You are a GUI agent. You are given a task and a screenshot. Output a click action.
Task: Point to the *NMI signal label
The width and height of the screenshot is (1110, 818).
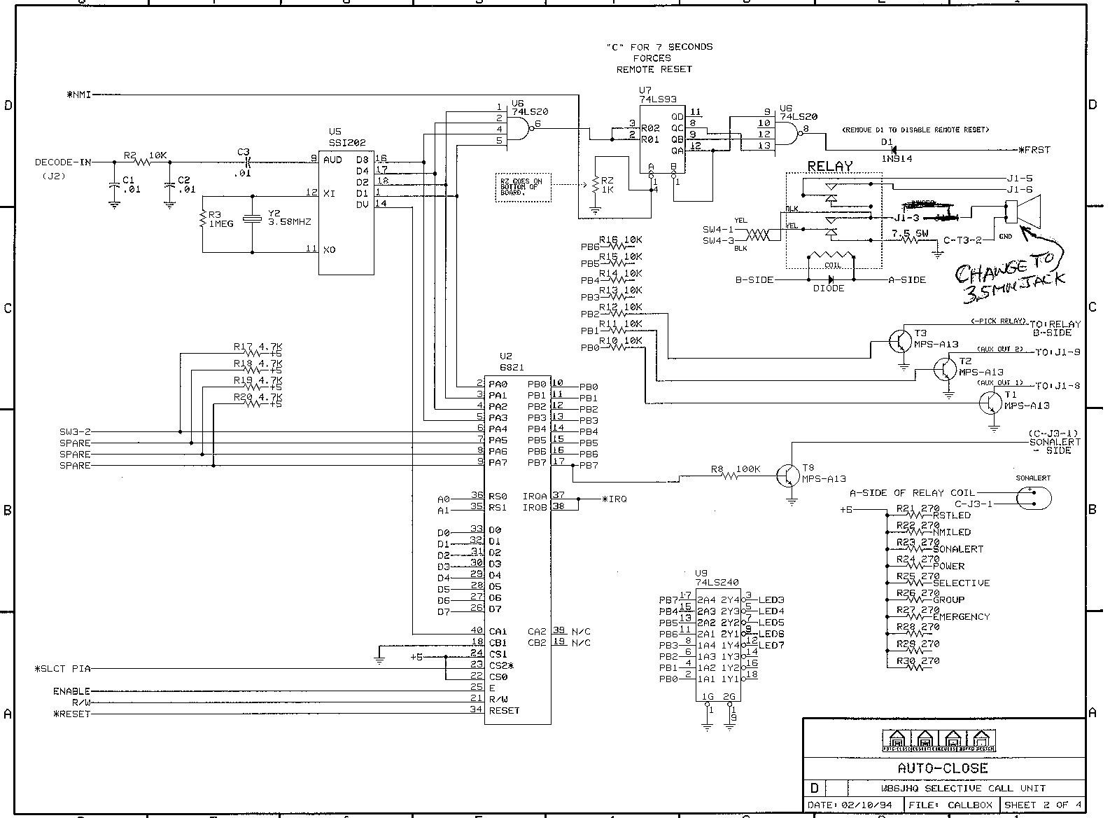[x=78, y=95]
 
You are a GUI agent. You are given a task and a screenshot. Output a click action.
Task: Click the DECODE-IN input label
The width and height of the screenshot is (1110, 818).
[x=63, y=162]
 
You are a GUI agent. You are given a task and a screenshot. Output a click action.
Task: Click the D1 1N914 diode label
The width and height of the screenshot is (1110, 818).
[x=887, y=150]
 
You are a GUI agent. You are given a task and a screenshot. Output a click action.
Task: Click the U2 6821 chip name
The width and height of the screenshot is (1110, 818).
[x=512, y=362]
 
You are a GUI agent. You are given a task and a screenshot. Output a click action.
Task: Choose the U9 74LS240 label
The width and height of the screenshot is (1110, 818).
[x=717, y=577]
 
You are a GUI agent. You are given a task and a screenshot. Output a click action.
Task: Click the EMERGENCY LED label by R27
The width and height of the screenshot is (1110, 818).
[x=961, y=617]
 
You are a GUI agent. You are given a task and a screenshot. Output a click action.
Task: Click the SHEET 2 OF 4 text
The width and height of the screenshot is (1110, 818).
[x=1043, y=805]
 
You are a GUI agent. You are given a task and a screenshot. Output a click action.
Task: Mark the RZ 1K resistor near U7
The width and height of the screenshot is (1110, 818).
[x=596, y=186]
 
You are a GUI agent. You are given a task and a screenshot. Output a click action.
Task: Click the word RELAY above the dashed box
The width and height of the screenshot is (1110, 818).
[x=830, y=166]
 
